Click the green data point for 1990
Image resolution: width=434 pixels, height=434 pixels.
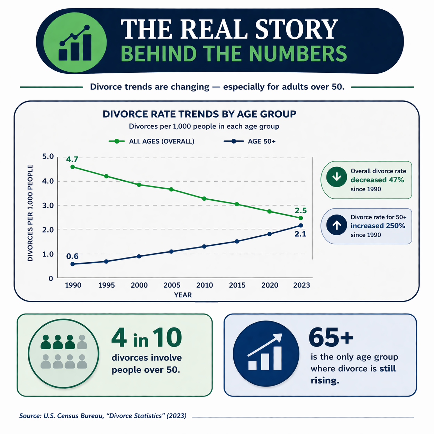72,167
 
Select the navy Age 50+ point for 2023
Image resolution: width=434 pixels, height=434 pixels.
300,225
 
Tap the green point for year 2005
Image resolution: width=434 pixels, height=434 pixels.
171,189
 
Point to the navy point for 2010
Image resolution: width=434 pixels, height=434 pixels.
204,246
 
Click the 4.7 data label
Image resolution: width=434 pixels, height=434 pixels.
72,159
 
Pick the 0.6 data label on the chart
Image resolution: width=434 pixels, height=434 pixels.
72,256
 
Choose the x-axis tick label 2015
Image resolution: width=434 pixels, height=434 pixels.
237,285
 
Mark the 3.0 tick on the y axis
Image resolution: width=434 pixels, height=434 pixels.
48,205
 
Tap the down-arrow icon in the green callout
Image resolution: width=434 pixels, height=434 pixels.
336,177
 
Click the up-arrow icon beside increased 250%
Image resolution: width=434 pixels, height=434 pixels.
336,225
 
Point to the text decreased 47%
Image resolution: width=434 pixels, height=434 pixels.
377,180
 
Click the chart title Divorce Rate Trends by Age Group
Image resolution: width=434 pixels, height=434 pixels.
199,114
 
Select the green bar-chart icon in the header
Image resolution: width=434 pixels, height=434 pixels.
75,42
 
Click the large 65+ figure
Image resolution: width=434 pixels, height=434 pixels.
331,337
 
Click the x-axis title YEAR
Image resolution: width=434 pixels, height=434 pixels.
183,295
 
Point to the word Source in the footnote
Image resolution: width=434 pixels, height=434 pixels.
30,416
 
